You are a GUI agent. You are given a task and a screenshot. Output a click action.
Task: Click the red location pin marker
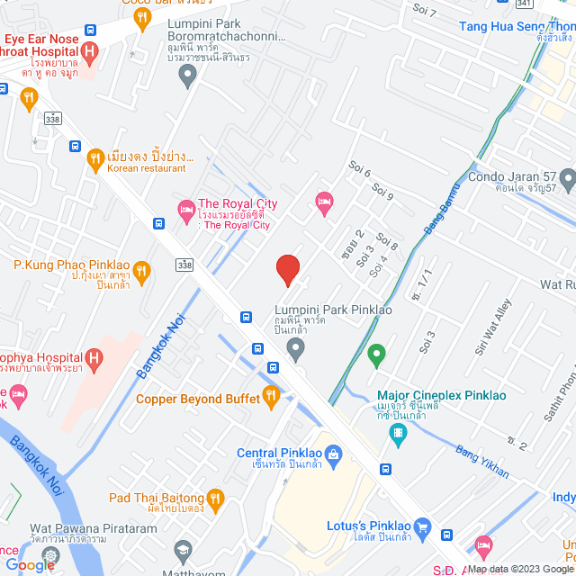coord(287,269)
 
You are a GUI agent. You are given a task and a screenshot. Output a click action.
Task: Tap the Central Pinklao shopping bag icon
coord(333,454)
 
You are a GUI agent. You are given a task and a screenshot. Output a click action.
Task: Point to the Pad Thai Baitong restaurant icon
coord(214,498)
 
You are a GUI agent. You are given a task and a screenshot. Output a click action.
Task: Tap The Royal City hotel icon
coord(185,209)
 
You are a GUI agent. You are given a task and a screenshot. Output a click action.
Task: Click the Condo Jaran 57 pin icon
coord(566,177)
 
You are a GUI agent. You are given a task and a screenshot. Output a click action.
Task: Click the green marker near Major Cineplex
coord(377,355)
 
